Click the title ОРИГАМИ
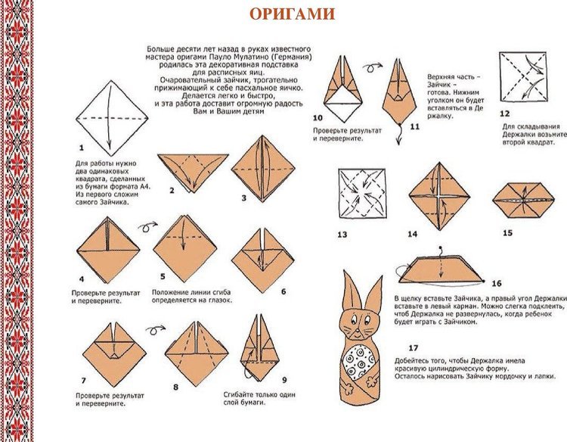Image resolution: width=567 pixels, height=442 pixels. [292, 14]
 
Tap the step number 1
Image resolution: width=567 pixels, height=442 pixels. [82, 148]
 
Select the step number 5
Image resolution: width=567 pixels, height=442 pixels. [163, 276]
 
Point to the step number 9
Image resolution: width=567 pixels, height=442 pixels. [284, 380]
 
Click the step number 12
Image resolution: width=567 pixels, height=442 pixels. [504, 114]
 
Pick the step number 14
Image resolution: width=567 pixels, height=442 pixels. [413, 234]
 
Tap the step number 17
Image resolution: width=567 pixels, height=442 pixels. [414, 348]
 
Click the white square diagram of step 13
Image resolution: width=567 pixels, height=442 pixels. [362, 194]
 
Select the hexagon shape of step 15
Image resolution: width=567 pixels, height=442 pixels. [523, 200]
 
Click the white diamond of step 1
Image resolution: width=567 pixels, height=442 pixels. [112, 118]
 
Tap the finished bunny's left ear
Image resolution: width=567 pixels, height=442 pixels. [351, 290]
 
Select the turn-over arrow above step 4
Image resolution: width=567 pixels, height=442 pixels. [147, 226]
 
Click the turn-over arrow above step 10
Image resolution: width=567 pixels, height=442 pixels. [373, 67]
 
